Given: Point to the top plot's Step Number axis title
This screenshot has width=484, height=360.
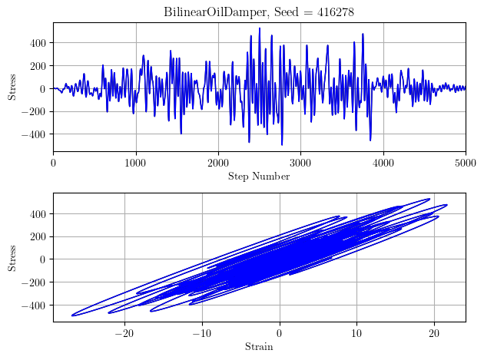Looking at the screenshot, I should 259,177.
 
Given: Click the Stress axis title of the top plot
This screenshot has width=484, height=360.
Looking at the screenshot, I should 12,86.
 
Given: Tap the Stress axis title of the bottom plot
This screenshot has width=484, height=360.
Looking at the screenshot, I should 12,256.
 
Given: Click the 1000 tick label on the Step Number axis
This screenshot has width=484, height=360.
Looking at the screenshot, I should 136,163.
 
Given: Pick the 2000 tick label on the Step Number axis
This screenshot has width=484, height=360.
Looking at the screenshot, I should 218,163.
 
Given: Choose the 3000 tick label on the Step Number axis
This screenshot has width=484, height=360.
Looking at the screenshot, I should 300,163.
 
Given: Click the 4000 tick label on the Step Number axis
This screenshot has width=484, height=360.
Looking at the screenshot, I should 383,163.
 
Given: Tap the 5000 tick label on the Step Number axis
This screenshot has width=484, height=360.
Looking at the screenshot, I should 466,163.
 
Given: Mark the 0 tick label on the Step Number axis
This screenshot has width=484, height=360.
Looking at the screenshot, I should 53,163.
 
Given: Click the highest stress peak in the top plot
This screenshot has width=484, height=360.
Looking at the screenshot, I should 260,28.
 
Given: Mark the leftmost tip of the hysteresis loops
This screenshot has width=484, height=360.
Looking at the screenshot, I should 72,315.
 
